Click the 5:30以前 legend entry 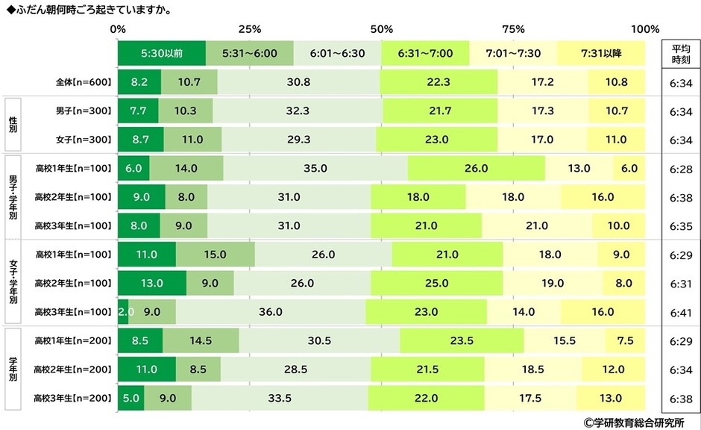tap(161, 54)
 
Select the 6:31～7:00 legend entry tap(425, 54)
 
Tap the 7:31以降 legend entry tap(601, 54)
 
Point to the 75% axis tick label tap(513, 30)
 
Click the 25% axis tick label tap(249, 30)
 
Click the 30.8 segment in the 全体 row tap(298, 82)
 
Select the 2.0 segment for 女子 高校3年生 tap(123, 312)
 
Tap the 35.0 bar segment tap(315, 169)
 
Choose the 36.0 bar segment tap(270, 312)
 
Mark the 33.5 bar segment tap(280, 398)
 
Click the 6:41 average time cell tap(679, 312)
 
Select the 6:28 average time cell tap(679, 169)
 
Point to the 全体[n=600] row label tap(83, 82)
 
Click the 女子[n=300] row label tap(83, 140)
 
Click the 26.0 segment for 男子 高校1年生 tap(476, 169)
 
